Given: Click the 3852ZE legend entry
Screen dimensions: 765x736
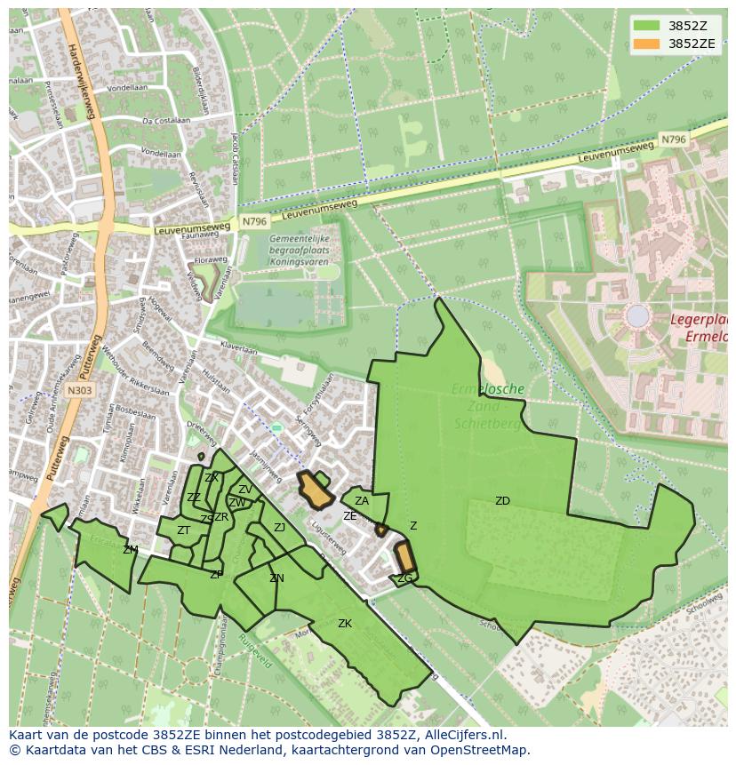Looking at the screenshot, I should (x=692, y=43).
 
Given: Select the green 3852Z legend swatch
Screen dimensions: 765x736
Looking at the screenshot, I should (x=647, y=25).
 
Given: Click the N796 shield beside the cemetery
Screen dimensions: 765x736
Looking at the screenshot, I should (x=253, y=221).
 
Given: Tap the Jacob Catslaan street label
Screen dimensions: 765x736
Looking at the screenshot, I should (x=235, y=155).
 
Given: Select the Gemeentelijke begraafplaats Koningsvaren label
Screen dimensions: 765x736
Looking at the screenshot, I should (x=300, y=251).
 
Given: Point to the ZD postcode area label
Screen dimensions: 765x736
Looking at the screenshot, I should (x=502, y=501).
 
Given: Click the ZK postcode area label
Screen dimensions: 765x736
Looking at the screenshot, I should (x=345, y=624).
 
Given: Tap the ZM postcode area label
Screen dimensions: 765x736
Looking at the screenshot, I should (x=131, y=550).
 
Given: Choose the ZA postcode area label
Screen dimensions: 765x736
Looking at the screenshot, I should (x=362, y=501).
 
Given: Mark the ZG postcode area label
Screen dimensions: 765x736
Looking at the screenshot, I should (x=404, y=578).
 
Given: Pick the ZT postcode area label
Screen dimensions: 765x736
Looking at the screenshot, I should (x=183, y=530).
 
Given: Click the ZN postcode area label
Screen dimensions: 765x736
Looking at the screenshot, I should (x=276, y=578).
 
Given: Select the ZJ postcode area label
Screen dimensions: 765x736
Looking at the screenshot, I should (x=279, y=528).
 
